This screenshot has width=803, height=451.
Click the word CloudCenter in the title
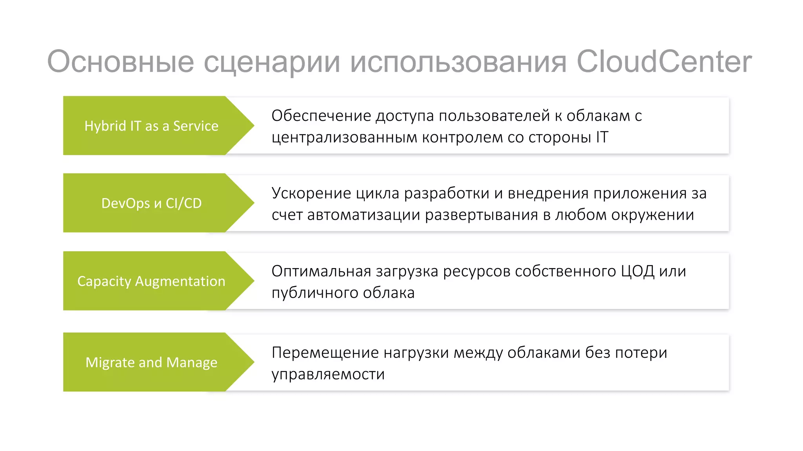(664, 61)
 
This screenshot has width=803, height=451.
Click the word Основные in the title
(120, 61)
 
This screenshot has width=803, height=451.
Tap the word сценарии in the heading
(271, 62)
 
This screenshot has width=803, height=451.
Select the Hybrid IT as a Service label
(151, 126)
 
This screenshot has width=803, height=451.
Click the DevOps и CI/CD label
(151, 203)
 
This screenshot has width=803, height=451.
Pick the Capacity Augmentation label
(151, 281)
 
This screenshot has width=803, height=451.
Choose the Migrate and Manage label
(151, 362)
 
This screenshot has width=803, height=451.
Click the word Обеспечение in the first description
(321, 116)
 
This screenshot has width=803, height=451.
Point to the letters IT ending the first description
(602, 137)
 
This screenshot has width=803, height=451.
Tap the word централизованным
(344, 138)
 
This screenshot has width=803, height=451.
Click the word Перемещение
(325, 353)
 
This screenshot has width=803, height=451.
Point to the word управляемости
(328, 374)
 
